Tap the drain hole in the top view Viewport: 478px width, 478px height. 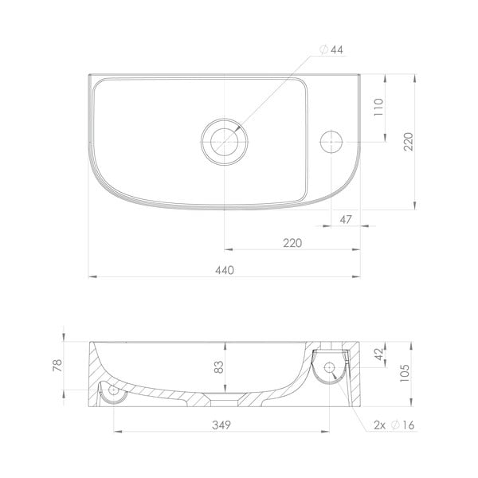click(x=225, y=140)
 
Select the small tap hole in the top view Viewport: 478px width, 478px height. click(x=329, y=142)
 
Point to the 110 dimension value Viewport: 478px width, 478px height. click(x=378, y=108)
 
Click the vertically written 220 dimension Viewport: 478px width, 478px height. click(x=409, y=142)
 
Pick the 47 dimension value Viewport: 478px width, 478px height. click(x=346, y=218)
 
